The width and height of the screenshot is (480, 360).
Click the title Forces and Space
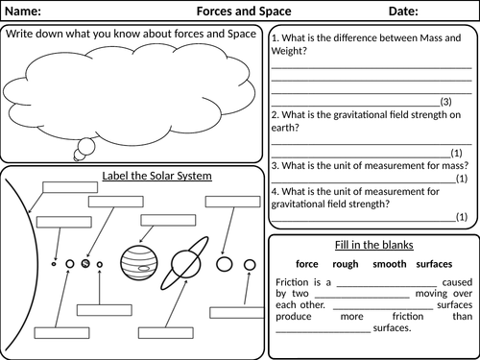click(244, 12)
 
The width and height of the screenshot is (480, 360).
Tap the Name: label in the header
click(23, 12)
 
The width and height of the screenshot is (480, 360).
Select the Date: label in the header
click(403, 12)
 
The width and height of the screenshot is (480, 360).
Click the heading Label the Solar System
click(156, 176)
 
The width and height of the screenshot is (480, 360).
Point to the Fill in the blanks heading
click(374, 245)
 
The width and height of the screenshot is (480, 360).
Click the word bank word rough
click(346, 264)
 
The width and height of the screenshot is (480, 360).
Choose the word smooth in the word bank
click(390, 264)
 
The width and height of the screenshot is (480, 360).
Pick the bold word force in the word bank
click(307, 264)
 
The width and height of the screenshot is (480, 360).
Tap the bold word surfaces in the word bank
click(434, 264)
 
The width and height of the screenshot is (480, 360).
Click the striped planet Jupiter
click(139, 263)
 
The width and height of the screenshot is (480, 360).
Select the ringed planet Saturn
click(184, 264)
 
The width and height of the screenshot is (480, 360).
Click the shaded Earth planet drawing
click(85, 264)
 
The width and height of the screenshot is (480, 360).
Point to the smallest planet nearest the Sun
click(54, 264)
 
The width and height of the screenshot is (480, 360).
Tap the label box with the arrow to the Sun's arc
click(70, 187)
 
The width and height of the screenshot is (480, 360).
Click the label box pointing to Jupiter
click(168, 220)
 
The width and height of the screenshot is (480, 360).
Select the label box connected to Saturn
click(166, 333)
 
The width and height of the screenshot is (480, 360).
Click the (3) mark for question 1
click(445, 102)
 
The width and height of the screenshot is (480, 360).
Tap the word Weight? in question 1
click(289, 51)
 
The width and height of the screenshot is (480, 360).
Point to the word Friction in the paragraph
click(292, 282)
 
